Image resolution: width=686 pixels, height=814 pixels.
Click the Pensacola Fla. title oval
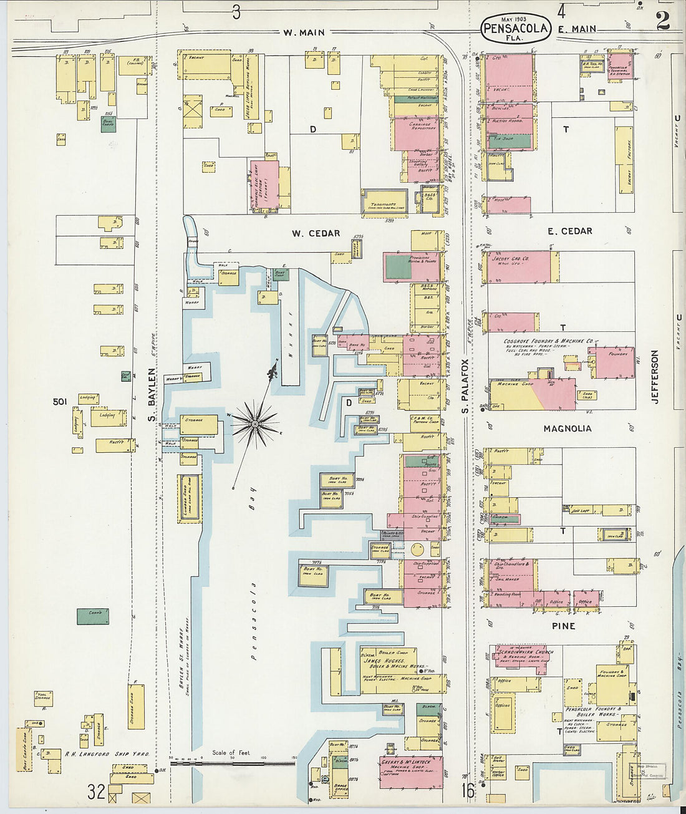[x=516, y=29]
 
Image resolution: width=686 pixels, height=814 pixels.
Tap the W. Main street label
[x=304, y=32]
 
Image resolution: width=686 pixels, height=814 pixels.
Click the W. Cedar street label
[x=316, y=233]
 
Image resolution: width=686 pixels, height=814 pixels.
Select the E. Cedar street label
[x=569, y=231]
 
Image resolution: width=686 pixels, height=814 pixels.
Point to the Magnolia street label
[x=567, y=429]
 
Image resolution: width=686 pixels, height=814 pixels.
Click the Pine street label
[x=563, y=626]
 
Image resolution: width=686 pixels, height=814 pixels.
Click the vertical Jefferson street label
[x=655, y=376]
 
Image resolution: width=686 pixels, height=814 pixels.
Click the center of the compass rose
[x=254, y=424]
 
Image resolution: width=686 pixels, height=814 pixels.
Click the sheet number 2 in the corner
[x=662, y=20]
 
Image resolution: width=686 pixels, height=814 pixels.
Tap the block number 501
[x=60, y=402]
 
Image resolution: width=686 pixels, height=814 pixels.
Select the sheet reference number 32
[x=96, y=792]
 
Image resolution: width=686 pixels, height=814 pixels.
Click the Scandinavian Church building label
[x=526, y=653]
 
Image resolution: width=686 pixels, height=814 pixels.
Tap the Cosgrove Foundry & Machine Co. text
[x=548, y=342]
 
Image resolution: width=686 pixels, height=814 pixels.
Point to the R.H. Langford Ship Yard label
[x=107, y=753]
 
